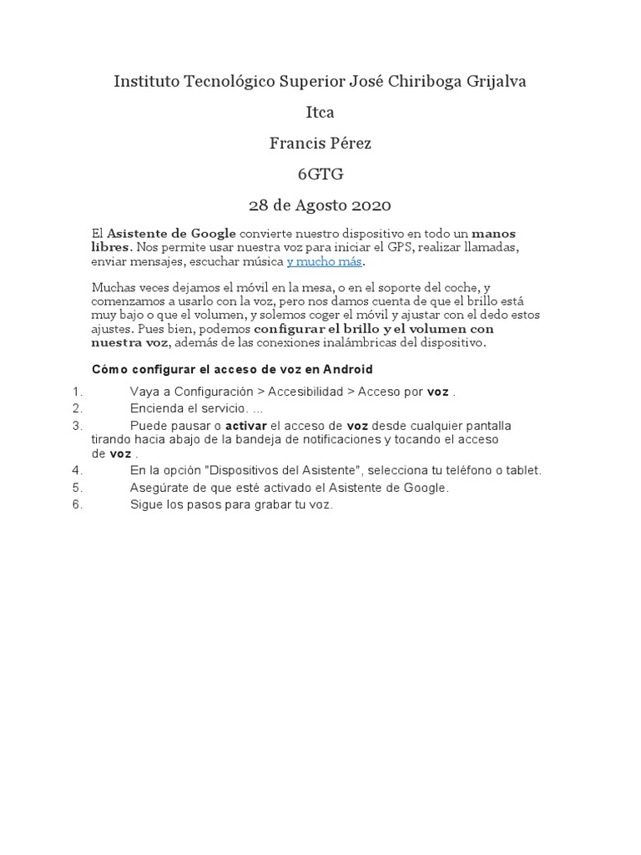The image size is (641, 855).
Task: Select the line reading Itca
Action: pos(320,112)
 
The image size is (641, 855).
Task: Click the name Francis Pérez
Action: pos(320,143)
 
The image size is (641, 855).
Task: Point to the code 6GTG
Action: pos(320,174)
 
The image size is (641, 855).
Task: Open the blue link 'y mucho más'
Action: pos(325,261)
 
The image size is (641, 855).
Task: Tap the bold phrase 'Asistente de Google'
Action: pos(171,233)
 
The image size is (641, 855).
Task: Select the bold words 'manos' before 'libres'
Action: pos(493,233)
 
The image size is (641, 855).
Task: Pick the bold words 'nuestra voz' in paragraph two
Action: pos(129,342)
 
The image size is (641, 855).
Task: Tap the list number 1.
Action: pos(77,392)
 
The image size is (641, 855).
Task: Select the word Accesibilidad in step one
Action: pos(305,392)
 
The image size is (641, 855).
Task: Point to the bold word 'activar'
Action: pos(246,426)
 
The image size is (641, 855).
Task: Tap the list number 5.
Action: pos(77,488)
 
